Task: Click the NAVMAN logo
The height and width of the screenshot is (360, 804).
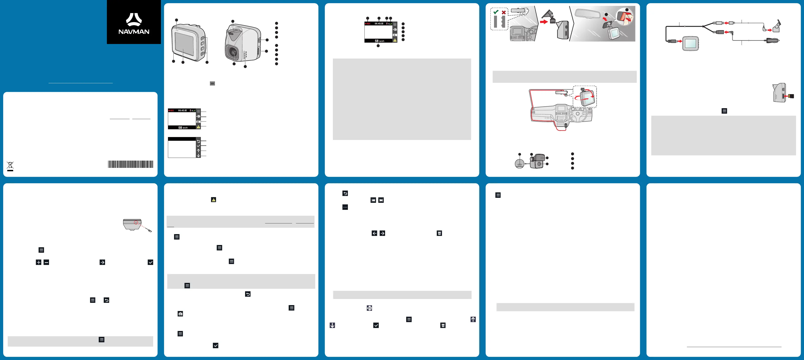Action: point(134,23)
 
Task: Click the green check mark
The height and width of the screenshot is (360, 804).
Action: point(496,12)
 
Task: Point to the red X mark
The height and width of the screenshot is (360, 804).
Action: point(504,12)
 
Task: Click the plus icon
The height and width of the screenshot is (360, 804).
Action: point(38,262)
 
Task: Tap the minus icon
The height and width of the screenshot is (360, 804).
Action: point(46,262)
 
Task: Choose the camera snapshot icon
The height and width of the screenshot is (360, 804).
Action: point(180,314)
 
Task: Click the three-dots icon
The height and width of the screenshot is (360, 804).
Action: point(345,207)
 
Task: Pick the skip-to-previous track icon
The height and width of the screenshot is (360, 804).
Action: point(373,200)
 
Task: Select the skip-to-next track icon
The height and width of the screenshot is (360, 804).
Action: point(381,200)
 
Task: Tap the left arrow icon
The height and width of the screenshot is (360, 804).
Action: point(374,233)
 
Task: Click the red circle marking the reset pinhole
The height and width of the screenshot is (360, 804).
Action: point(136,223)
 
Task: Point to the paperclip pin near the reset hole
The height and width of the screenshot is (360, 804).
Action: point(150,230)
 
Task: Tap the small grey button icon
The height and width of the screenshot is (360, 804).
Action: point(212,83)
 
